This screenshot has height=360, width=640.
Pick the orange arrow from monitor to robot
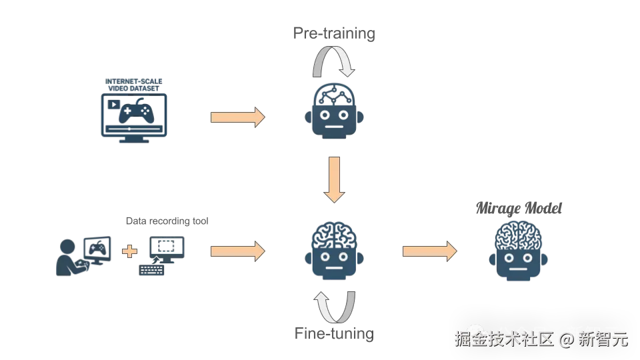coord(237,117)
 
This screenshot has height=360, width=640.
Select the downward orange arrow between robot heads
coord(333,179)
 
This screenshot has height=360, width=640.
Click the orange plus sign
coord(130,251)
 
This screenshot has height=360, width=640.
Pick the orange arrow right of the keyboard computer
coord(237,251)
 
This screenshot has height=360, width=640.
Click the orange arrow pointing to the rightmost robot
coord(429,251)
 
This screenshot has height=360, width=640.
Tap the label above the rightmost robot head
coord(520,209)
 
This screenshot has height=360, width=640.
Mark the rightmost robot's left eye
coord(510,256)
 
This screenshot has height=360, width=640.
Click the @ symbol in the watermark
coord(565,339)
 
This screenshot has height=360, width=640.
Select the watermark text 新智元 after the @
coord(602,339)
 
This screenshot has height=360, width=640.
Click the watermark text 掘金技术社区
coord(503,339)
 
